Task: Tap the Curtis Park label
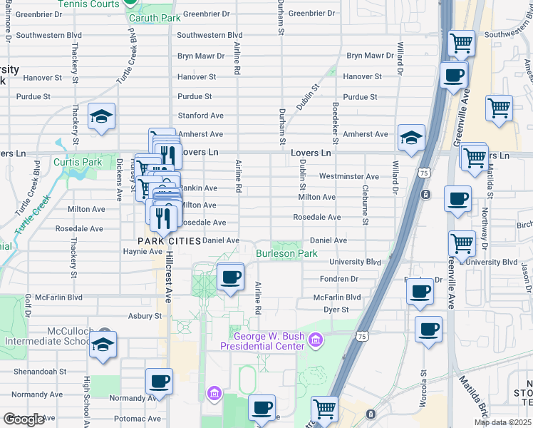tap(78, 162)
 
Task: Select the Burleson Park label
tap(286, 253)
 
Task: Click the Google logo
tap(23, 419)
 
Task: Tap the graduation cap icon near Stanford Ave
tap(101, 117)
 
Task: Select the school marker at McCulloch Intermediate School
tap(104, 347)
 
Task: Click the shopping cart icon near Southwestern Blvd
tap(462, 44)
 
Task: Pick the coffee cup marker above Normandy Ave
tap(159, 382)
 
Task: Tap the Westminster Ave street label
tap(349, 176)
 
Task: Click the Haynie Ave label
tap(143, 251)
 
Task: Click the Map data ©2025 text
tap(502, 422)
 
